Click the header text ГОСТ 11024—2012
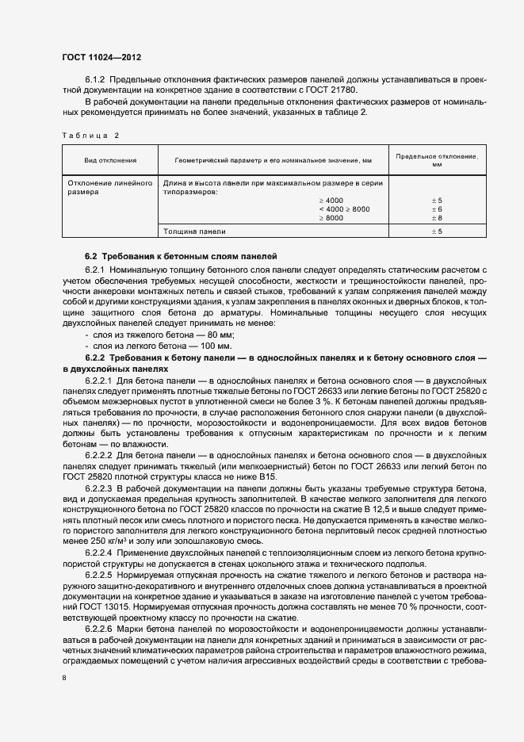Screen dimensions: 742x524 coord(101,58)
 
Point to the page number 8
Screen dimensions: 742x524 coord(64,679)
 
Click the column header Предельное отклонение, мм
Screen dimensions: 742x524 coord(436,160)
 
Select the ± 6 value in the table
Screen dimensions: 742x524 coord(436,208)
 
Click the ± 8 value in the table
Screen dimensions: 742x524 coord(436,217)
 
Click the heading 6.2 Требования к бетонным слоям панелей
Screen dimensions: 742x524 coord(182,257)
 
